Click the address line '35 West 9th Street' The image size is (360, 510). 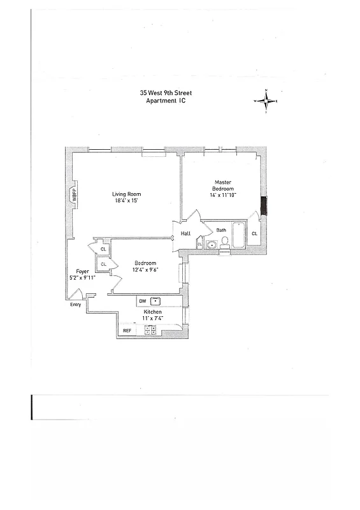point(166,92)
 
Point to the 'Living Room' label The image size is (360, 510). point(126,194)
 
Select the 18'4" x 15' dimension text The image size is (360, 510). point(126,201)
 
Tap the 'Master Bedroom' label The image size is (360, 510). point(222,186)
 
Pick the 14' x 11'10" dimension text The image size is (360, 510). point(222,195)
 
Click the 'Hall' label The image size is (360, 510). point(185,233)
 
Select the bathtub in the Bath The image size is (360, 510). point(238,235)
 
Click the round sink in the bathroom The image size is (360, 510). point(212,243)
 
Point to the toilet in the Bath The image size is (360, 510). point(224,242)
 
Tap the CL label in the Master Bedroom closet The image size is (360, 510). point(254,233)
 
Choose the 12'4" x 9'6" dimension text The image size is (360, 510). point(146,270)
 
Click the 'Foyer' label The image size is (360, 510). point(82,272)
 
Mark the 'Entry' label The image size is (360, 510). point(76,304)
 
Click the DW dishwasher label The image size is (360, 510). point(142,300)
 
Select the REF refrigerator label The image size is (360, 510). point(127,330)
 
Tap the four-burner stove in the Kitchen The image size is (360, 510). point(151,330)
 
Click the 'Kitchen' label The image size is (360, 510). point(152,311)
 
